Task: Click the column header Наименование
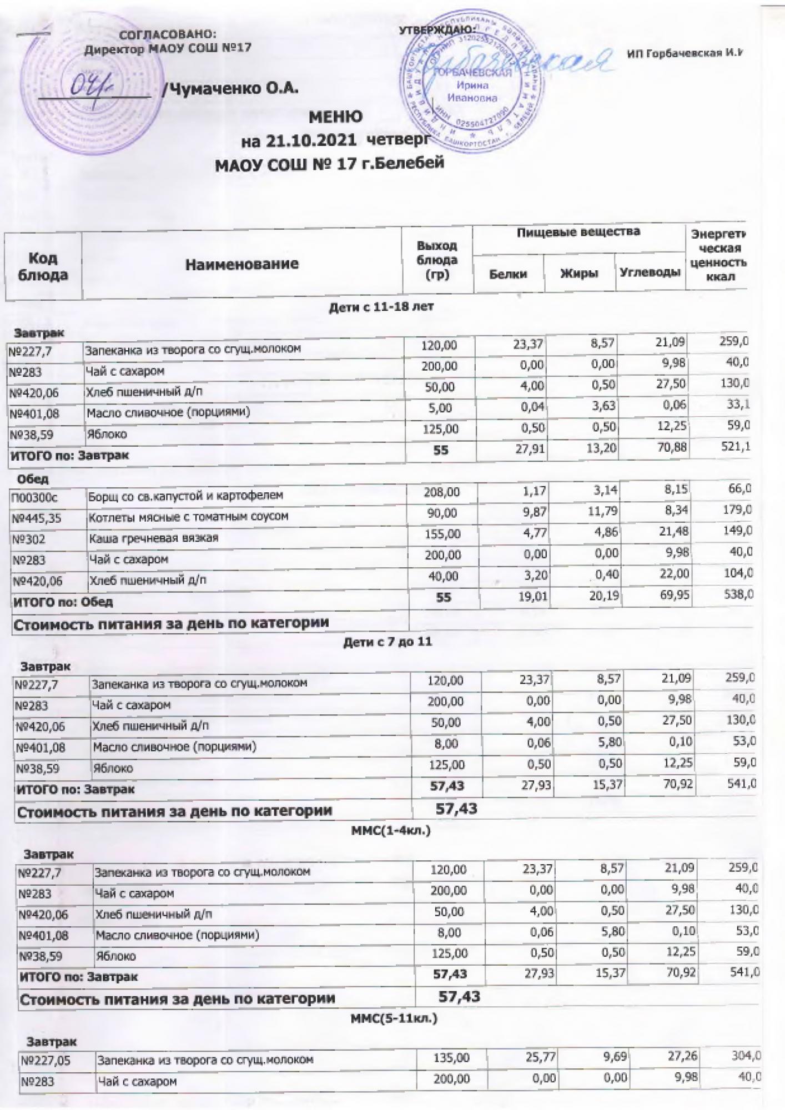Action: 242,264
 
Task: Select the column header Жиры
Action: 579,273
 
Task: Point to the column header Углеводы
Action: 650,272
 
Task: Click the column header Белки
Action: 508,273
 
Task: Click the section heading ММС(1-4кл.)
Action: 391,831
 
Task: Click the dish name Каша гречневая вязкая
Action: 154,538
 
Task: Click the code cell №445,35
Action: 36,518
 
